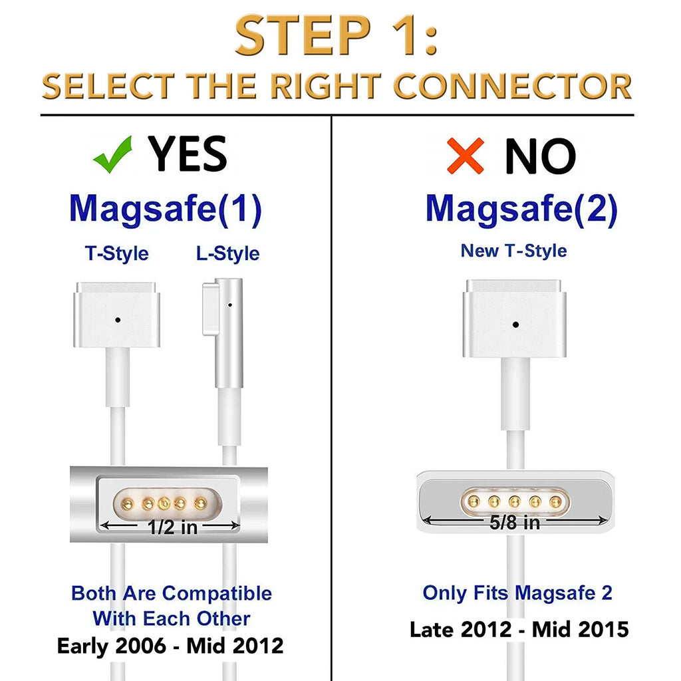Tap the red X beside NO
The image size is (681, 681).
coord(466,156)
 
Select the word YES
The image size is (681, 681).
coord(187,154)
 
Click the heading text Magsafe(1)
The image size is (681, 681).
coord(166,209)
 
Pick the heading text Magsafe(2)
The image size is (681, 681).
coord(521,209)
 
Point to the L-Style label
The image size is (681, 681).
coord(227,253)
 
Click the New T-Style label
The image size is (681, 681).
coord(514,251)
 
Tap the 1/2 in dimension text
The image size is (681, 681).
coord(172,527)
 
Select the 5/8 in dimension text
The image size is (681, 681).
coord(515,523)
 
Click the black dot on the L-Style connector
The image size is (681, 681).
coord(229,305)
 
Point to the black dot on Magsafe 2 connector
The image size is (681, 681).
coord(515,325)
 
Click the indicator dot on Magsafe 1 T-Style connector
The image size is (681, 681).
coord(118,320)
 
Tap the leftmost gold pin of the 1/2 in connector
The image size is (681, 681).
coord(128,504)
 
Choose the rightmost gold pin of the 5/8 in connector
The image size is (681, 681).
coord(555,502)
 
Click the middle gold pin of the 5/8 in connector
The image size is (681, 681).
coord(515,502)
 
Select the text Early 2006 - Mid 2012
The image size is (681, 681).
coord(170,646)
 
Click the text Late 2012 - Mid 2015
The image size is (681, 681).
coord(519,629)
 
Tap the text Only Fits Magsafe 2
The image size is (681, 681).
coord(517,593)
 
